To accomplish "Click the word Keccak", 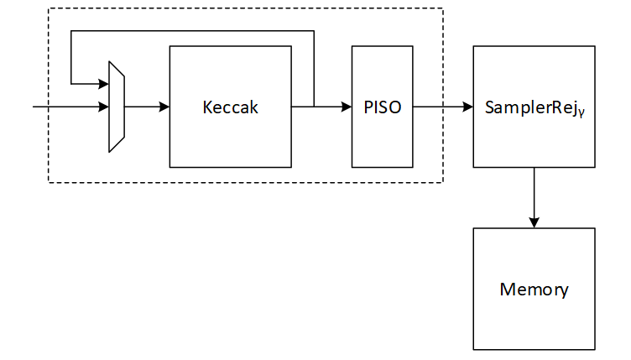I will pos(230,107).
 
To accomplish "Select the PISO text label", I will pos(382,107).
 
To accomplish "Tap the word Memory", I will pos(534,290).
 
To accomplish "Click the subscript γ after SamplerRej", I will pos(580,112).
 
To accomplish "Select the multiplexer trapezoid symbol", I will pos(117,107).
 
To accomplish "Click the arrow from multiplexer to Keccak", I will pos(147,107).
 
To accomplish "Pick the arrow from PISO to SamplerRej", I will pos(443,107).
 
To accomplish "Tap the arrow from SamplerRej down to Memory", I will pos(535,196).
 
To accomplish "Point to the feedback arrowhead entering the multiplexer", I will pos(104,84).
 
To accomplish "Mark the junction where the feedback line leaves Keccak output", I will pos(314,107).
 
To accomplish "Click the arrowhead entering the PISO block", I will pos(347,107).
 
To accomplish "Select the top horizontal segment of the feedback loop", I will pos(193,32).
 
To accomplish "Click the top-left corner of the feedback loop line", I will pos(72,32).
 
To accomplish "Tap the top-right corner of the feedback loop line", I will pos(314,32).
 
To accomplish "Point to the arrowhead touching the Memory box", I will pos(535,222).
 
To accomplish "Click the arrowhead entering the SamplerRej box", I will pos(468,107).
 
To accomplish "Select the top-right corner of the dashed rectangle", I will pos(442,9).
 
